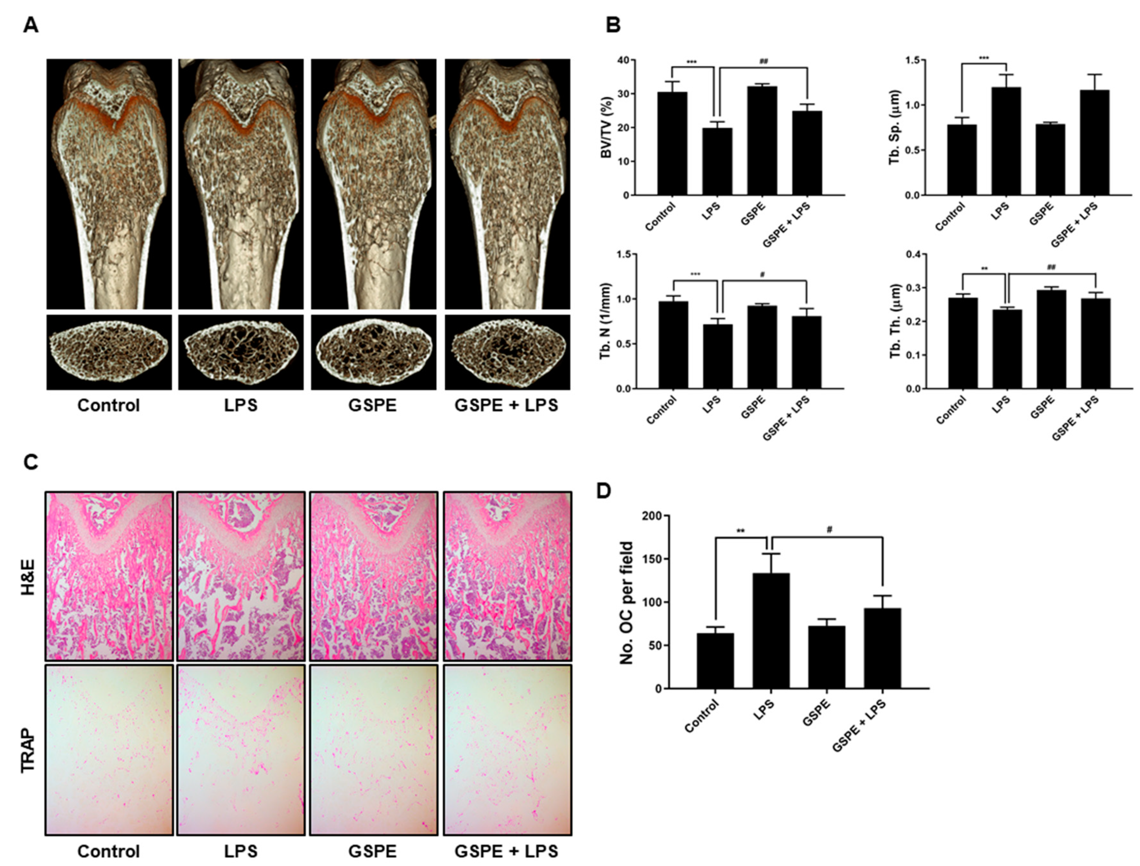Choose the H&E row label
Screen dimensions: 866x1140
[x=28, y=576]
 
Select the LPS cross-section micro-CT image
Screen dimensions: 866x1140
[x=241, y=352]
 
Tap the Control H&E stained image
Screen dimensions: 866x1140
[x=109, y=576]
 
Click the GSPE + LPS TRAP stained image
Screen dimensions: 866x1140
[x=507, y=750]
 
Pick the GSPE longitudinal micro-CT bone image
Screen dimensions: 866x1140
[x=373, y=184]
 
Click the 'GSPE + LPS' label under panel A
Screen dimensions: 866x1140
[x=506, y=406]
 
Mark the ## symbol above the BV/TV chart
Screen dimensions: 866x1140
[x=764, y=62]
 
